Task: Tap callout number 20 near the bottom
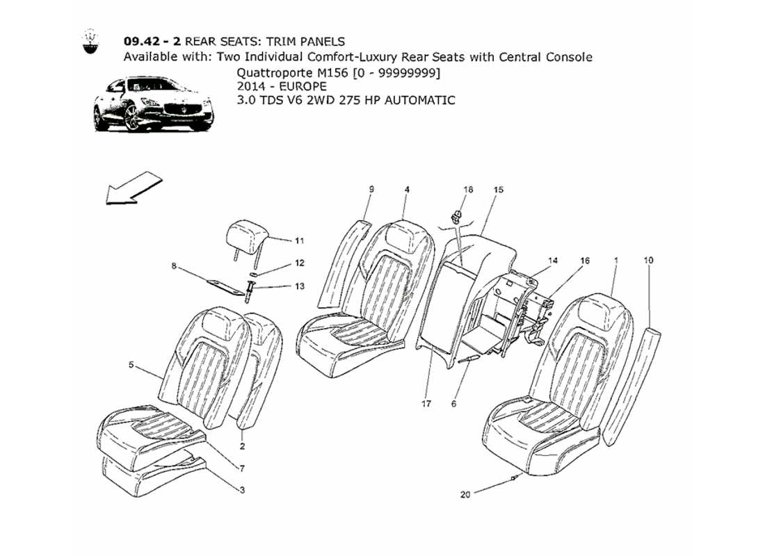[465, 495]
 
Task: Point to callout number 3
[242, 491]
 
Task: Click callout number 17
[426, 403]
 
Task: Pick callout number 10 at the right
[648, 261]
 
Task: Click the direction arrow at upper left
[134, 189]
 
